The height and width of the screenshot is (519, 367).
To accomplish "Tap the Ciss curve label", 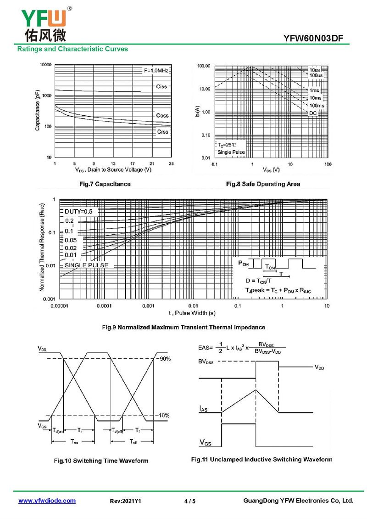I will point(161,86).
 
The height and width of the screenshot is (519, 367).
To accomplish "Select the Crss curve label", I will point(162,132).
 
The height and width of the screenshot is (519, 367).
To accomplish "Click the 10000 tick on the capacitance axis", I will point(44,65).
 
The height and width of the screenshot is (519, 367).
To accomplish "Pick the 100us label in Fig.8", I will point(316,75).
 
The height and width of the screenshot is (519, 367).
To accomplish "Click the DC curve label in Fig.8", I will point(313,113).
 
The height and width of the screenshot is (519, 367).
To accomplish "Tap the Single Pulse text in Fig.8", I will point(231,152).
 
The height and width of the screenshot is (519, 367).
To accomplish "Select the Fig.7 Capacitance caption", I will point(105,184).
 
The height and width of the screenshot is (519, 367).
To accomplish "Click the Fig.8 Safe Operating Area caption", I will point(263,184).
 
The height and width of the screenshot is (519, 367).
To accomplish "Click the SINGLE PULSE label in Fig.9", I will point(87,265).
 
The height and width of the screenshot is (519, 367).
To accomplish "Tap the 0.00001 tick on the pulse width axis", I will point(61,306).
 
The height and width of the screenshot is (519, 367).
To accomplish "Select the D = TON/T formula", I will point(257,281).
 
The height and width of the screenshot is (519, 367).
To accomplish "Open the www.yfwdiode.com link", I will point(47,501).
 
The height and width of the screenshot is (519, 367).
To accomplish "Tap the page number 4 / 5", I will point(189,501).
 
